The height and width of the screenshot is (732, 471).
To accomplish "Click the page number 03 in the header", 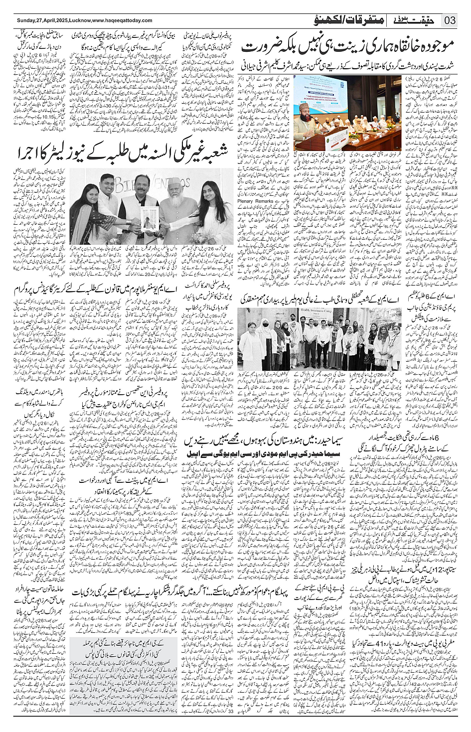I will tap(450, 20).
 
